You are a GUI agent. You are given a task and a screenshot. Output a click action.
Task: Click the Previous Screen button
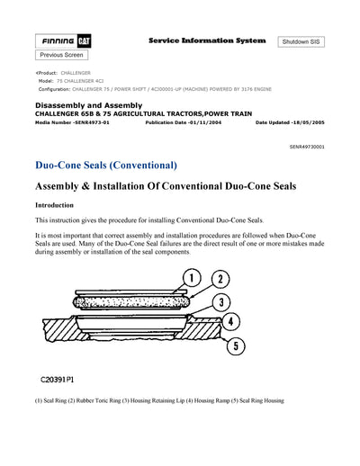[x=62, y=55]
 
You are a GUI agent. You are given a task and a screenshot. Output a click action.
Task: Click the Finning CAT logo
[x=62, y=41]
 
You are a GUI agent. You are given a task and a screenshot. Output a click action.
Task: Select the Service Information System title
[x=206, y=41]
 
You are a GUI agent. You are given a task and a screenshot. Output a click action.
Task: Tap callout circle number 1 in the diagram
[x=192, y=277]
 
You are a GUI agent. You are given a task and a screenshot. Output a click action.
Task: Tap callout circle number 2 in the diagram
[x=220, y=280]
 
